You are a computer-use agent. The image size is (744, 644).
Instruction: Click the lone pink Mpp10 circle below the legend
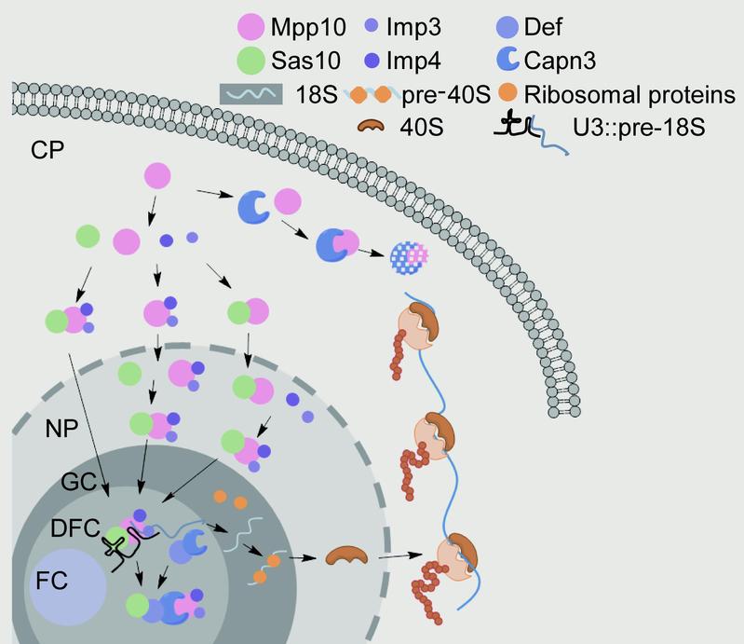click(156, 176)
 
